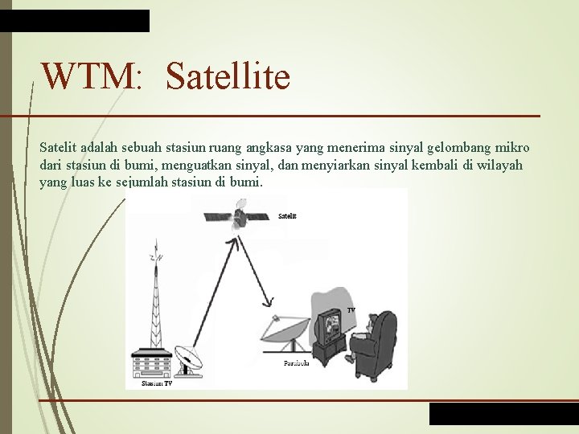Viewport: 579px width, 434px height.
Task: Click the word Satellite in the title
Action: point(228,77)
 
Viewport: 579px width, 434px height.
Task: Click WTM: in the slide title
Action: point(92,77)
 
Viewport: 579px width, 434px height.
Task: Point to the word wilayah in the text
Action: point(496,165)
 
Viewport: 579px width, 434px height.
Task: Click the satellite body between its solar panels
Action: point(239,216)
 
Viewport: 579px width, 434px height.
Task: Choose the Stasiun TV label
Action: point(156,384)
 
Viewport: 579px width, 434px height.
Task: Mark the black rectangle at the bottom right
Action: point(503,413)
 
